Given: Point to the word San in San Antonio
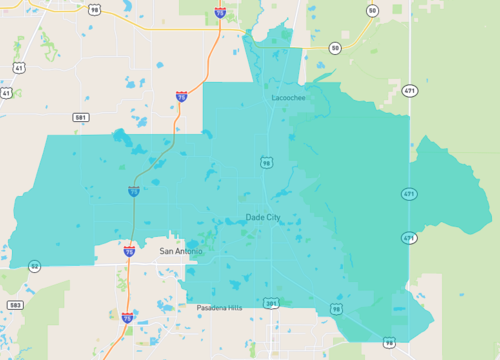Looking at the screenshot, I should (x=167, y=252).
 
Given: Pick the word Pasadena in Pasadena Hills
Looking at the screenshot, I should (x=211, y=309).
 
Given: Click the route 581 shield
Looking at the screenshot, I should (x=81, y=117).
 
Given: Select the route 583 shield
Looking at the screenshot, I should (x=14, y=304).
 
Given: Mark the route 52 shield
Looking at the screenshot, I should (x=35, y=266).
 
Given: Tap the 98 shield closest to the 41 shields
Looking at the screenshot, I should (x=93, y=10).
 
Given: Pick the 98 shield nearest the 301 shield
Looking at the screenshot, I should (x=336, y=309).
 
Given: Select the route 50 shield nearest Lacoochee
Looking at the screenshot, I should (x=335, y=48).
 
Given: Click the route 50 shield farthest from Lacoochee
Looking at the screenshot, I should (x=372, y=10).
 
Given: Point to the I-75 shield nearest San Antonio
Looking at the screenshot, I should (x=129, y=252).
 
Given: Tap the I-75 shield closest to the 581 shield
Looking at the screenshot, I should (x=181, y=97).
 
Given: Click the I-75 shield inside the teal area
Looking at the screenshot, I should (x=134, y=190).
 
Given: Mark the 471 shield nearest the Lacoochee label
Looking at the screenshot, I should (x=409, y=90).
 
